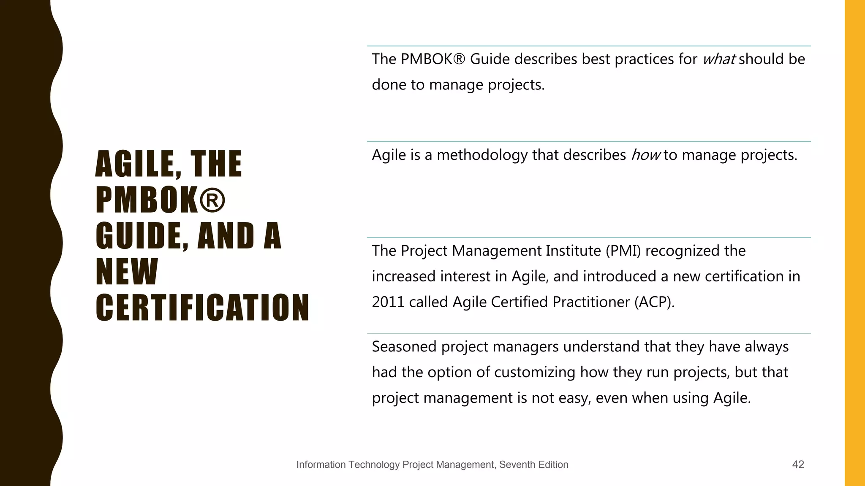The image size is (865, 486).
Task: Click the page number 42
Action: click(798, 464)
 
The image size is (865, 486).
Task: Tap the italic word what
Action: click(719, 59)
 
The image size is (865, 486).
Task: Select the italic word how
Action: click(645, 155)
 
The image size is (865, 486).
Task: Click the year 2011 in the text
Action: click(388, 302)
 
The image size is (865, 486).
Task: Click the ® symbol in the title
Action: click(212, 200)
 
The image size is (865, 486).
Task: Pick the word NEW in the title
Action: click(127, 272)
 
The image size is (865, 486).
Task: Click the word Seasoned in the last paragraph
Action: click(404, 347)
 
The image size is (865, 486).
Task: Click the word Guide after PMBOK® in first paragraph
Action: click(490, 59)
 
